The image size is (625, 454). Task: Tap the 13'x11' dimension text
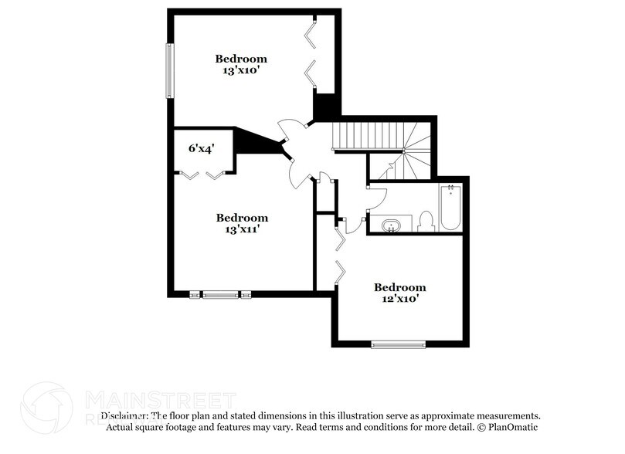pyautogui.click(x=242, y=229)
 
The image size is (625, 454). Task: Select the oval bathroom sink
pyautogui.click(x=392, y=225)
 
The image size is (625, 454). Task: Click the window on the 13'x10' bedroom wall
pyautogui.click(x=168, y=70)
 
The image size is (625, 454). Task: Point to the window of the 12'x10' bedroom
pyautogui.click(x=398, y=344)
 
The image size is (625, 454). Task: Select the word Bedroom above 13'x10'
pyautogui.click(x=241, y=59)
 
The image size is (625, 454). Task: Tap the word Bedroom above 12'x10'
pyautogui.click(x=399, y=286)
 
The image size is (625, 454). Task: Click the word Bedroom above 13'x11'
pyautogui.click(x=242, y=218)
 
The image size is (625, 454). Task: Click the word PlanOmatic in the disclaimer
pyautogui.click(x=512, y=427)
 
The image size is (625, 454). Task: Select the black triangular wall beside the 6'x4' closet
pyautogui.click(x=250, y=141)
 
